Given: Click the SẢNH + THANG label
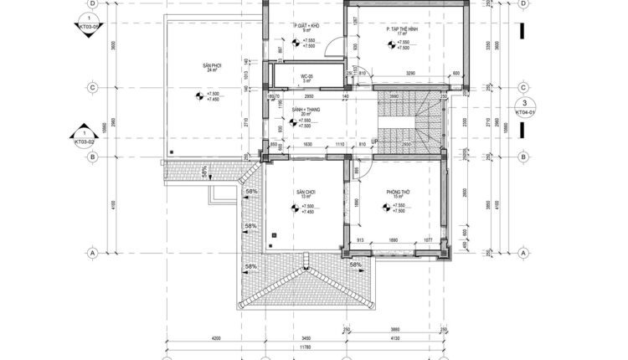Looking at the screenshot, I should pos(305,109).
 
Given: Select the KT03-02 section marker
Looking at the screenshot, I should pos(85,137).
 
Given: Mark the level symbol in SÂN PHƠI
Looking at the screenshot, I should pos(198,96).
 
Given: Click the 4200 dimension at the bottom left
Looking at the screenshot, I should pos(215,337).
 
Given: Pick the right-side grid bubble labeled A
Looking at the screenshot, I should pos(522,251).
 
